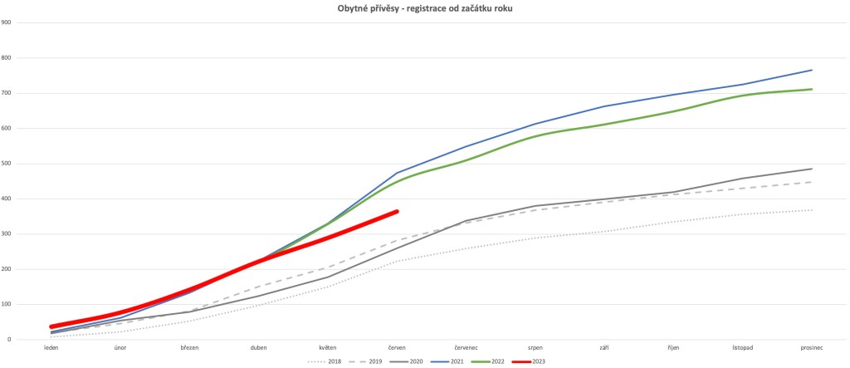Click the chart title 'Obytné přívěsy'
coord(425,7)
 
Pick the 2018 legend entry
coord(326,361)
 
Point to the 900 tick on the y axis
coord(7,22)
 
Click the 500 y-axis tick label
coord(7,164)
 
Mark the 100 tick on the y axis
coord(7,304)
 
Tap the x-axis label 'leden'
coord(51,347)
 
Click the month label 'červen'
coord(397,347)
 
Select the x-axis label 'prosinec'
coord(812,347)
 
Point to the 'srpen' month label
coord(535,347)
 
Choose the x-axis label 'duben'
coord(259,347)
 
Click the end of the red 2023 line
coord(397,211)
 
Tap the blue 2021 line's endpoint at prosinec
coord(812,70)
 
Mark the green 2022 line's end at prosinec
coord(812,89)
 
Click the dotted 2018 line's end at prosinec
coord(812,210)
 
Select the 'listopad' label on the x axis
coord(743,347)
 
